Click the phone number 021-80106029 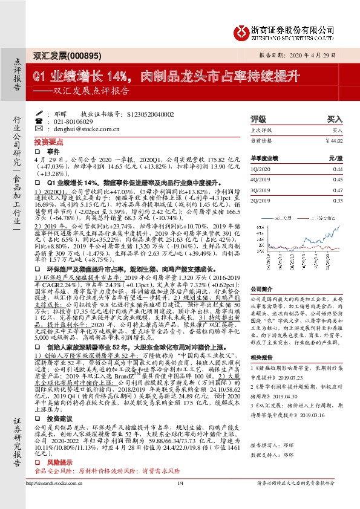pyautogui.click(x=76, y=121)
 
